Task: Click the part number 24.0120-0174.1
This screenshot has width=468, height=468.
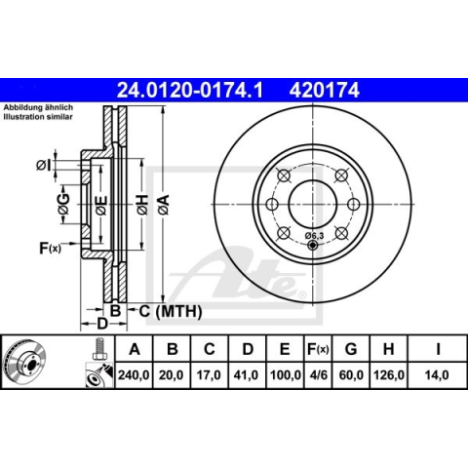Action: (189, 90)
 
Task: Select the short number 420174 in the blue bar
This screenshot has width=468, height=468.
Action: (325, 90)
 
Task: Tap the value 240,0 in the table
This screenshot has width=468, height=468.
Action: (134, 375)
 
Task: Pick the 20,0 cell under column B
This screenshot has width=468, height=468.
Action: (172, 375)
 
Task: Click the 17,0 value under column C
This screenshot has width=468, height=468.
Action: (209, 375)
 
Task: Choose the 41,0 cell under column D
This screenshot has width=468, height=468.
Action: (247, 375)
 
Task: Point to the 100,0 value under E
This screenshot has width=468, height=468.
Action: (285, 375)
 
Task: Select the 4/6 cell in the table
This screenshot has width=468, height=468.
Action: (318, 375)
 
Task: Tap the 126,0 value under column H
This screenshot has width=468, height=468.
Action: (389, 375)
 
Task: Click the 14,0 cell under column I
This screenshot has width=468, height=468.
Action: (437, 375)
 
